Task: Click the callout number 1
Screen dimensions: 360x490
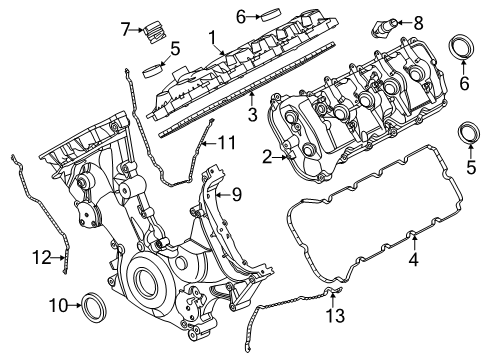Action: point(212,37)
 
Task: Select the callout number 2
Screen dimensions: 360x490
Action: point(267,156)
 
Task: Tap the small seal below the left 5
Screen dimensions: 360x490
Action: point(152,71)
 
